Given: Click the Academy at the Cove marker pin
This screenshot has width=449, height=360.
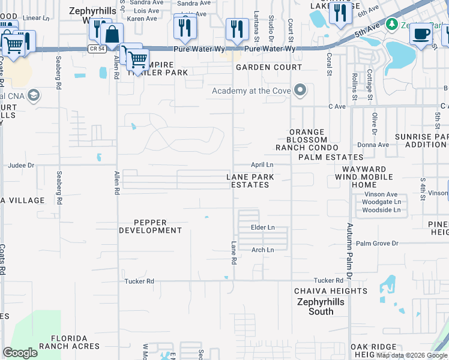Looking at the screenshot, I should pyautogui.click(x=301, y=91).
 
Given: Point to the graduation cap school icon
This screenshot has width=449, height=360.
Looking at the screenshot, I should pyautogui.click(x=34, y=95).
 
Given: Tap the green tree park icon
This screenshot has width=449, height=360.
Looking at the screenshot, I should pyautogui.click(x=392, y=24).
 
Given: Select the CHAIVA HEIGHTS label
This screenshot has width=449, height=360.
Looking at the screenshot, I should pyautogui.click(x=331, y=291).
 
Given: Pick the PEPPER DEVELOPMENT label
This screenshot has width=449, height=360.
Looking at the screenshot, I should pyautogui.click(x=150, y=226).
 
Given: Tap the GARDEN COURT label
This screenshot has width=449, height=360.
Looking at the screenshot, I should pyautogui.click(x=268, y=67).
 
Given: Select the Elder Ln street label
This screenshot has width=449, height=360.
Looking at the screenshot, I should pyautogui.click(x=263, y=228).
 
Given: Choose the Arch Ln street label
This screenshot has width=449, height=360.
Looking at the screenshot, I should pyautogui.click(x=262, y=250).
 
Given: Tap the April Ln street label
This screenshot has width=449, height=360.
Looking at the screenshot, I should pyautogui.click(x=262, y=164).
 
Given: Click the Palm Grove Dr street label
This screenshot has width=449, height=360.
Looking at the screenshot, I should pyautogui.click(x=377, y=244).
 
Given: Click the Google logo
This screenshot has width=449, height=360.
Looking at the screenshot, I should pyautogui.click(x=20, y=352).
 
